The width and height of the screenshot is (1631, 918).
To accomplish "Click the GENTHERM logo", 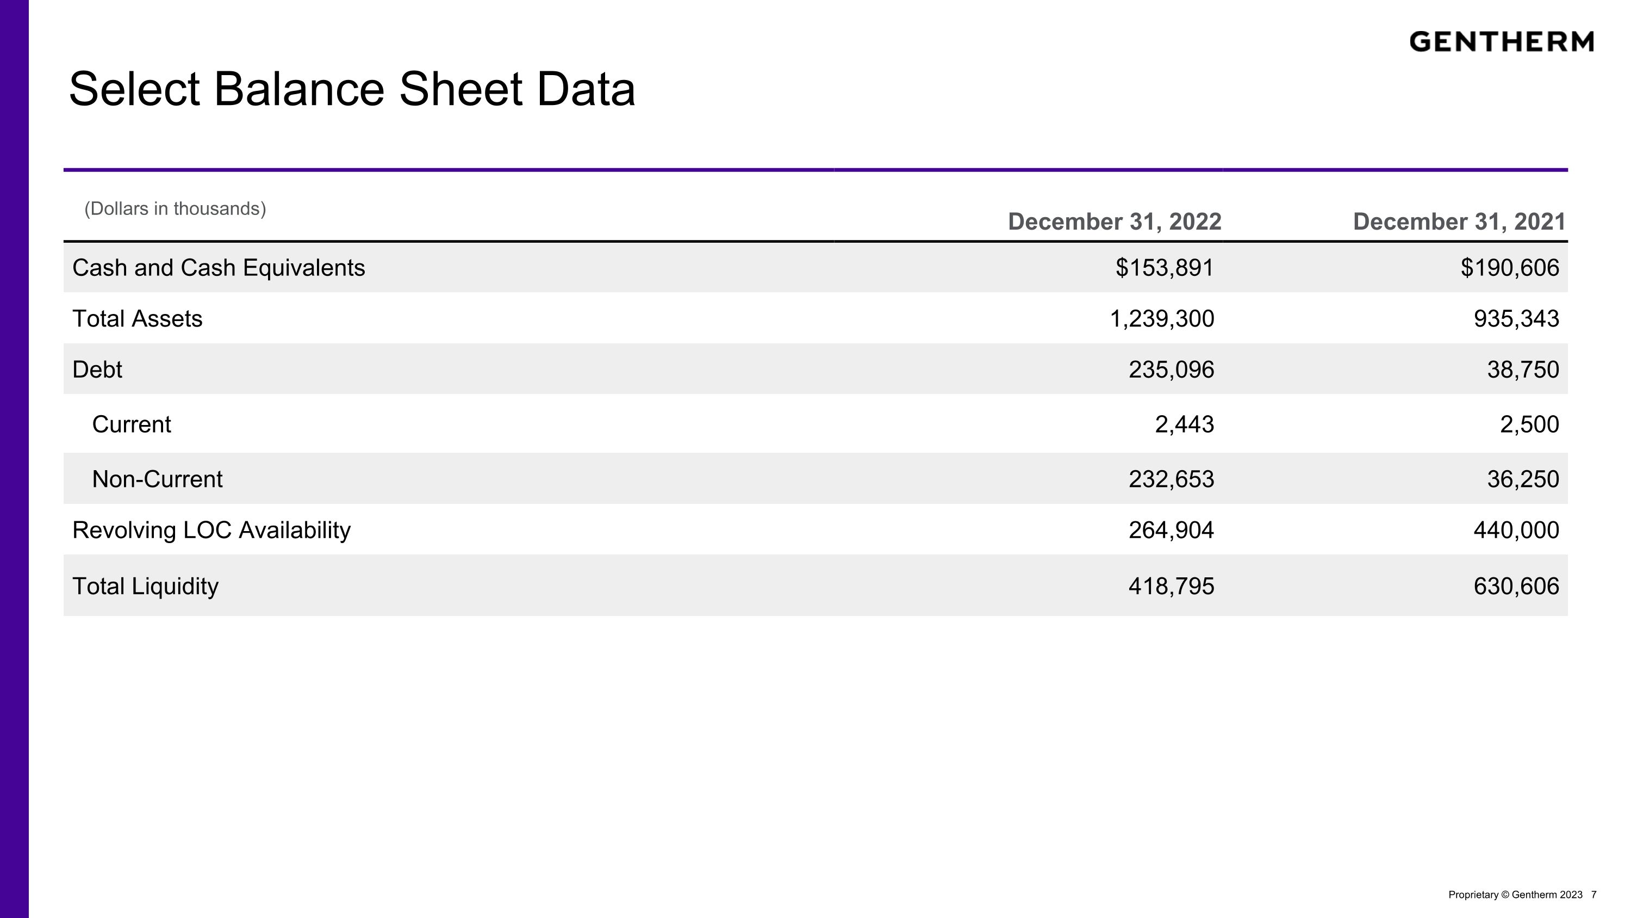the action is click(x=1501, y=42).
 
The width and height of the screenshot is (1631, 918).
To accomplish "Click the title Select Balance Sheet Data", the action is click(x=352, y=89).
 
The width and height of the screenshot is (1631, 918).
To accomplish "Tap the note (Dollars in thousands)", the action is click(x=176, y=208).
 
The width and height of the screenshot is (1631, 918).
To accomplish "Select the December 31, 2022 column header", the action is click(x=1115, y=221).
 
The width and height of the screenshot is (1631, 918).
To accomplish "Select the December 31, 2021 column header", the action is click(x=1459, y=221).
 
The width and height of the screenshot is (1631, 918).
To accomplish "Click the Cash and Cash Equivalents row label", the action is click(x=219, y=268).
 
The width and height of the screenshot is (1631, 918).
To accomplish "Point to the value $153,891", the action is click(x=1165, y=268).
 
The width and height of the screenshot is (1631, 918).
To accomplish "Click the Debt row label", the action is click(x=97, y=369).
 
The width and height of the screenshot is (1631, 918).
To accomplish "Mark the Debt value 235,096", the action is click(x=1172, y=369).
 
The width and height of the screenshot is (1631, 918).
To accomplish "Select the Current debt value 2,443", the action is click(x=1185, y=424).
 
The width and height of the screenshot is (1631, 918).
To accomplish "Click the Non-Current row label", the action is click(x=157, y=479).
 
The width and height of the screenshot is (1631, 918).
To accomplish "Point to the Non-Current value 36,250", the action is click(x=1523, y=479).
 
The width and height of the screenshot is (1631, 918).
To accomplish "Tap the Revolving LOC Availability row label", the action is click(x=211, y=530).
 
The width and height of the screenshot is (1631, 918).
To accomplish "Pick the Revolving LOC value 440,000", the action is click(x=1516, y=530).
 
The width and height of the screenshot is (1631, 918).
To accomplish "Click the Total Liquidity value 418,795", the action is click(x=1172, y=586).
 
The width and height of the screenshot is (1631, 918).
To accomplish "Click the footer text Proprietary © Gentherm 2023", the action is click(x=1515, y=895).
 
